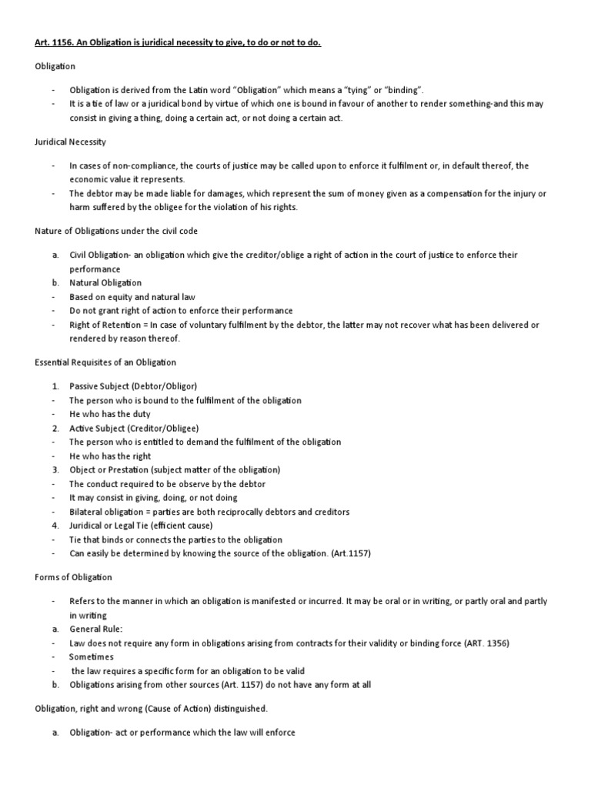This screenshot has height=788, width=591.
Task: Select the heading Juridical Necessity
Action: click(71, 142)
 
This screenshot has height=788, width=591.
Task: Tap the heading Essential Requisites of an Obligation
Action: click(105, 362)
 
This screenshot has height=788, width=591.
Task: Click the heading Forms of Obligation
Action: click(73, 577)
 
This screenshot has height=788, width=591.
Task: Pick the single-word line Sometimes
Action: click(91, 657)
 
